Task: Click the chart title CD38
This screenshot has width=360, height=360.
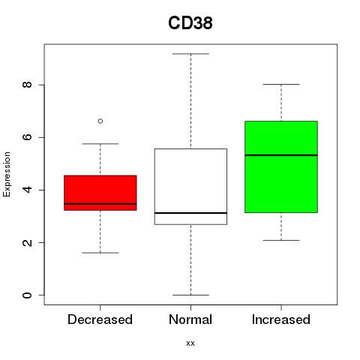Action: pyautogui.click(x=190, y=23)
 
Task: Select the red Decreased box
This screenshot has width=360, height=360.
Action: pyautogui.click(x=100, y=193)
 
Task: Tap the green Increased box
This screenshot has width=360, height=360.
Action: pyautogui.click(x=281, y=166)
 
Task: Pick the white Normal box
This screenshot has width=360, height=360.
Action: pyautogui.click(x=190, y=187)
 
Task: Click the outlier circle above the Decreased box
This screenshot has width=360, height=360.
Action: pyautogui.click(x=100, y=121)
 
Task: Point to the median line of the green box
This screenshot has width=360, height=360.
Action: pyautogui.click(x=281, y=155)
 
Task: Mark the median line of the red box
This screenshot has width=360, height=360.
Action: pyautogui.click(x=100, y=204)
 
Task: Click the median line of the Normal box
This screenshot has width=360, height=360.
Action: pyautogui.click(x=190, y=213)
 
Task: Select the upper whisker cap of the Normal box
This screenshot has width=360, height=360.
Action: pyautogui.click(x=190, y=54)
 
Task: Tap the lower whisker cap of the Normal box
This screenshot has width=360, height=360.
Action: pyautogui.click(x=190, y=295)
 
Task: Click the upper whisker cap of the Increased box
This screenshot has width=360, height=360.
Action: pyautogui.click(x=281, y=85)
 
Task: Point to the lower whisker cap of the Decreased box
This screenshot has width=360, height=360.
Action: pyautogui.click(x=100, y=253)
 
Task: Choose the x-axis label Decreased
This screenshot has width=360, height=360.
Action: pyautogui.click(x=100, y=319)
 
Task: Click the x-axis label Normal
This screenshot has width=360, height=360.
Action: pyautogui.click(x=190, y=319)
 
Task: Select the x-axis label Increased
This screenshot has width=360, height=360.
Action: pyautogui.click(x=281, y=319)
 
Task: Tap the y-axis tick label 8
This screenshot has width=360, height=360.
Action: pyautogui.click(x=27, y=85)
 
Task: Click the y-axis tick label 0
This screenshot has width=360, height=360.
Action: pyautogui.click(x=27, y=295)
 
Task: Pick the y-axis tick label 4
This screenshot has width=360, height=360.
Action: pyautogui.click(x=27, y=190)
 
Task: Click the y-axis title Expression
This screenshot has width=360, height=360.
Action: pyautogui.click(x=7, y=174)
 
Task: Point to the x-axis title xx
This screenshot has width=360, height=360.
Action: pyautogui.click(x=190, y=343)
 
